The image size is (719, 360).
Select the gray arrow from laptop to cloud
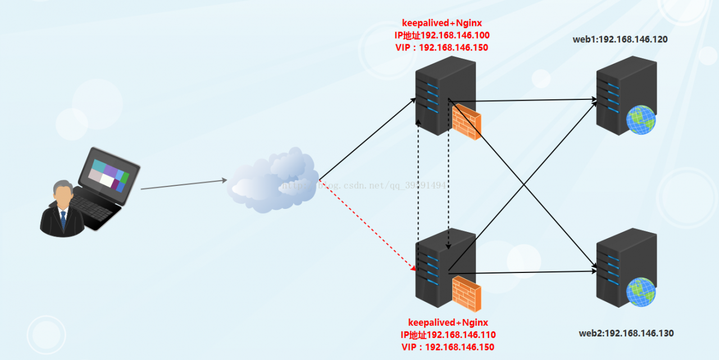[183, 185]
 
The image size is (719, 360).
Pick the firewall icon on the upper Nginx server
[466, 121]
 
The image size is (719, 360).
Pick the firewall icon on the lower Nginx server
[466, 294]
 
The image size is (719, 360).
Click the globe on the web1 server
[641, 120]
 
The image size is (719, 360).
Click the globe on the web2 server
[641, 291]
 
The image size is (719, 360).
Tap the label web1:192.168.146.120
[620, 39]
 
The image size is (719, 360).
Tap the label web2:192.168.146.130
[626, 333]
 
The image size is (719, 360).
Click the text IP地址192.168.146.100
[442, 35]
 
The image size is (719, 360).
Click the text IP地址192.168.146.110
[448, 335]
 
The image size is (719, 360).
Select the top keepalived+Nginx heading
[442, 23]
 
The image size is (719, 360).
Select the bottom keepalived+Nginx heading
[448, 322]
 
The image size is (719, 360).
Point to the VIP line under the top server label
[442, 48]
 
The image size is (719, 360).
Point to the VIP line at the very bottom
[448, 347]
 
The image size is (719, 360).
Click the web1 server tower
[618, 93]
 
